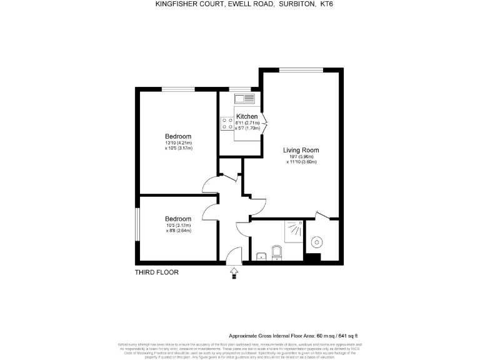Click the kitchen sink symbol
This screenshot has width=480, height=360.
(x=244, y=99)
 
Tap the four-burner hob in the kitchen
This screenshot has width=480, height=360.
(x=226, y=124)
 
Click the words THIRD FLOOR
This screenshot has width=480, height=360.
(x=157, y=272)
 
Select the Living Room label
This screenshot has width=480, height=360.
(x=301, y=150)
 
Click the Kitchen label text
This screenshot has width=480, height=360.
(x=247, y=117)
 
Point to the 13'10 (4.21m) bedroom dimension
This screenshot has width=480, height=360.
(x=178, y=143)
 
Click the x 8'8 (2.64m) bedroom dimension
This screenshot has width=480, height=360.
(x=178, y=231)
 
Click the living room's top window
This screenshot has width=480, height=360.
(x=301, y=70)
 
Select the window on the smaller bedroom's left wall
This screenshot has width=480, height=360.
(x=137, y=229)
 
